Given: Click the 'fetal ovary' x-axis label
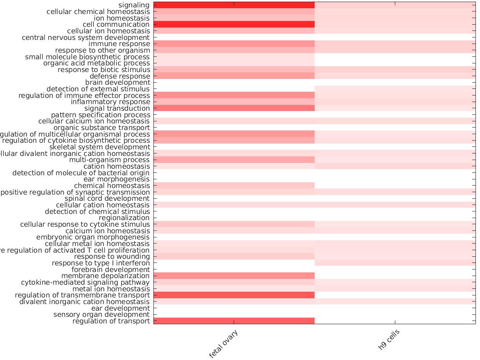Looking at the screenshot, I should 224,344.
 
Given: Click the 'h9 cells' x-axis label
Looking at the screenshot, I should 389,340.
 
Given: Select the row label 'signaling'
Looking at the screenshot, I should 134,5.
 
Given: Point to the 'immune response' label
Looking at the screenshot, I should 119,44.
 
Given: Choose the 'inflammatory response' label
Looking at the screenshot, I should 110,102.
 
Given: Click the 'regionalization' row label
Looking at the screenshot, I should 124,218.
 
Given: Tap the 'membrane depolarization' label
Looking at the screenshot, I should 105,276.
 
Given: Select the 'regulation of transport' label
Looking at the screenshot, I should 111,321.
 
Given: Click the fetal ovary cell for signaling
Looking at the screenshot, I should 234,5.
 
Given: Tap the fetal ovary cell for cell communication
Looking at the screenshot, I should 234,24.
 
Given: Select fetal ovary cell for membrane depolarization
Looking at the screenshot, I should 234,276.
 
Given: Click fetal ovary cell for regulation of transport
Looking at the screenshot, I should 234,321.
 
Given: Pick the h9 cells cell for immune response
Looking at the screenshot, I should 395,44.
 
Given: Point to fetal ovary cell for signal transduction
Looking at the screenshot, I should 234,108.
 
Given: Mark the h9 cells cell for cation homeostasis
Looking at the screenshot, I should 395,166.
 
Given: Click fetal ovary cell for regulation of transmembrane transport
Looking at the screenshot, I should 234,295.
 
